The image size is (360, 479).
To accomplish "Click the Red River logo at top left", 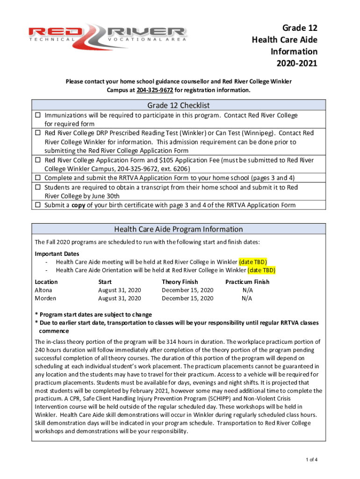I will (108, 35).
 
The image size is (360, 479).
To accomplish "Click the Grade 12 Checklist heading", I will (180, 105).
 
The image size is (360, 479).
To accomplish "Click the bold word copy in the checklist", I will (79, 205).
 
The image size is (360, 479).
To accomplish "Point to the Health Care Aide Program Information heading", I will (179, 229).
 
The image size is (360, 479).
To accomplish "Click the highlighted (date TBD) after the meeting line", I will (256, 262).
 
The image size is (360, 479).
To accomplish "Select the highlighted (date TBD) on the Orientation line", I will (261, 270).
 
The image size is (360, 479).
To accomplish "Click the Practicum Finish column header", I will (247, 282).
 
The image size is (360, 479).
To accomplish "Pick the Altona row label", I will (44, 290).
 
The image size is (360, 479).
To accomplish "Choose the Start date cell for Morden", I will (119, 298).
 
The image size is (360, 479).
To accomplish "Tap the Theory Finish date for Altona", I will (187, 290).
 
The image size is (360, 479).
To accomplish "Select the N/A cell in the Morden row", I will (247, 298).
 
